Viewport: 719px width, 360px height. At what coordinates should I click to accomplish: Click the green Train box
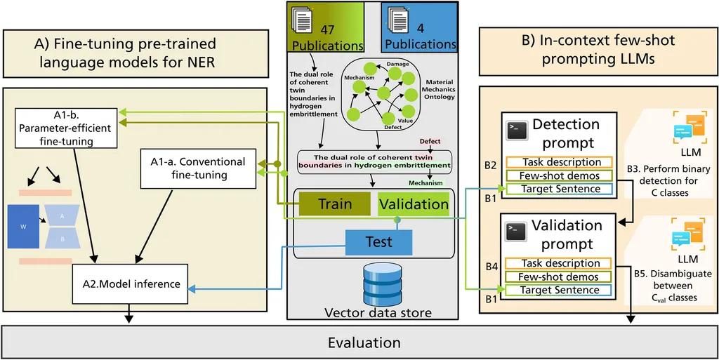335,204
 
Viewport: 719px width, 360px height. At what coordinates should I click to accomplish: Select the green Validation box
413,204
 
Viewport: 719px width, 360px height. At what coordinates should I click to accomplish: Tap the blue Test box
378,242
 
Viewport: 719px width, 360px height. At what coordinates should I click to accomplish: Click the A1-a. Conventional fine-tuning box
198,168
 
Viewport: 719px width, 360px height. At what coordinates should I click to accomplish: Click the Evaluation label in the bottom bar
364,342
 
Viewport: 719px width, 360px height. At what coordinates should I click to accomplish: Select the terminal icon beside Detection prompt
517,128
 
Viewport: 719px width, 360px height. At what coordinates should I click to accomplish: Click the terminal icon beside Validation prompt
517,229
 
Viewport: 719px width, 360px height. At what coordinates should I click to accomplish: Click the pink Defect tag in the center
430,141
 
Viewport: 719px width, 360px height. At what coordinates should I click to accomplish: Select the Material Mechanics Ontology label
440,89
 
